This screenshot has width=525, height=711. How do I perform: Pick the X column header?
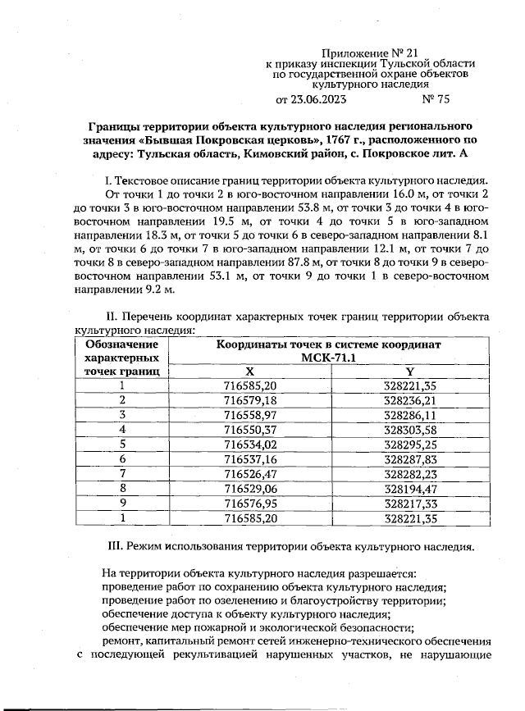(250, 371)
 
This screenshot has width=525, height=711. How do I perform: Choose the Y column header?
(409, 371)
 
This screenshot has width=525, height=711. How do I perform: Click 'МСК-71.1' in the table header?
(328, 358)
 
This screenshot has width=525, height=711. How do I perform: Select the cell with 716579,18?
(250, 399)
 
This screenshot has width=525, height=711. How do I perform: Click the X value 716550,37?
(250, 429)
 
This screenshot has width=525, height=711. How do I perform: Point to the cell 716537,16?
(250, 458)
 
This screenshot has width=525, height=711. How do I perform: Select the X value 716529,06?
(250, 488)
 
